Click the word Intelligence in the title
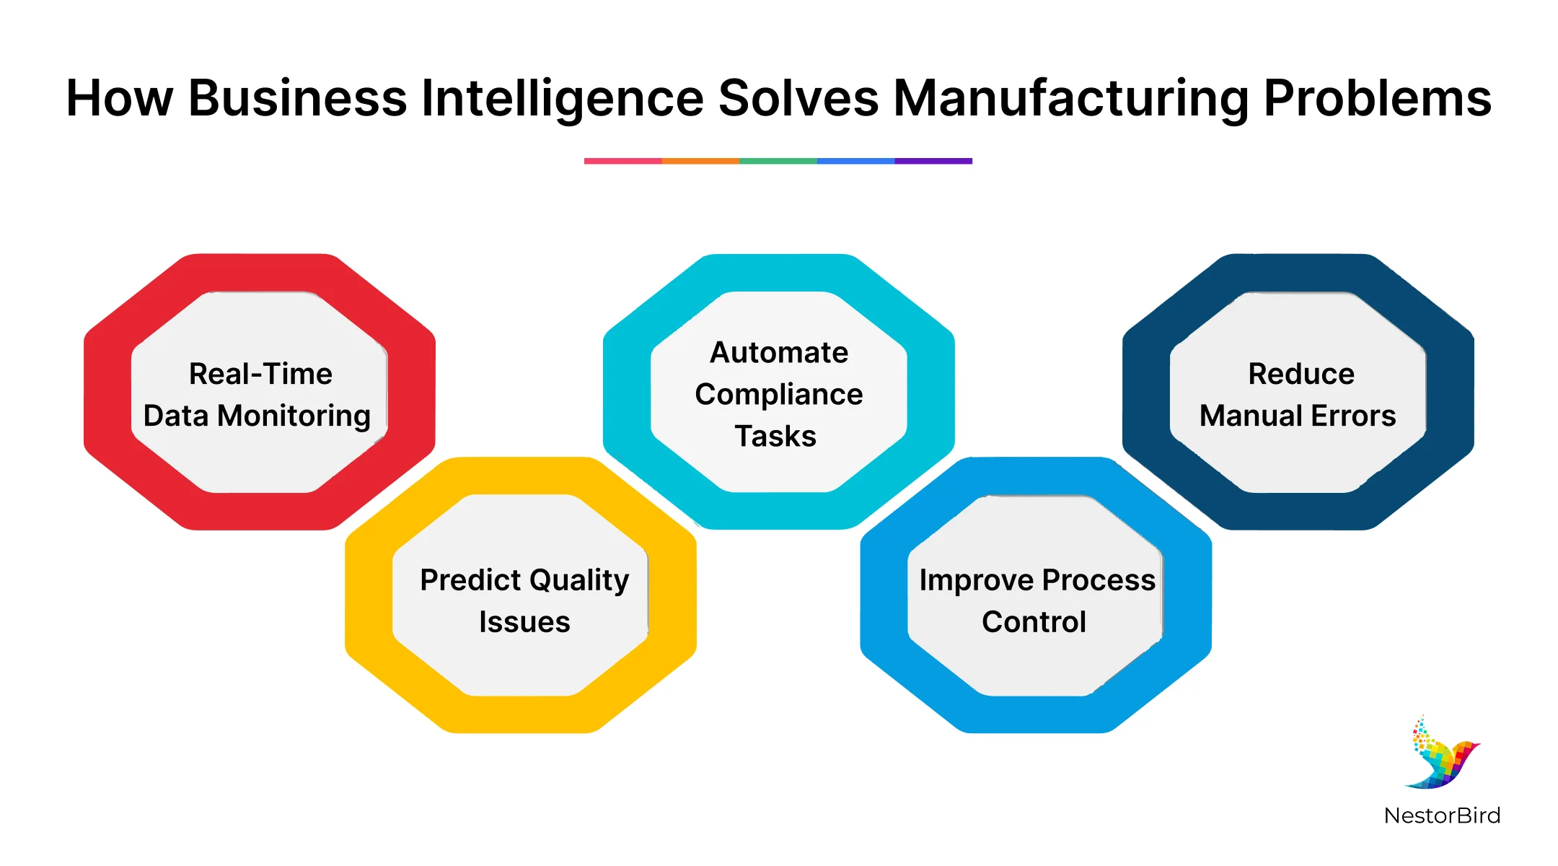pos(562,99)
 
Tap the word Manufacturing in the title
pos(1071,99)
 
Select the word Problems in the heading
pos(1378,99)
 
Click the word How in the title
pos(119,99)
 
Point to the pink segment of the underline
pos(622,161)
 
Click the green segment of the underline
pos(778,161)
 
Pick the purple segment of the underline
pos(933,161)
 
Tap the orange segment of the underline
pos(700,161)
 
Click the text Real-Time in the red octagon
pos(260,374)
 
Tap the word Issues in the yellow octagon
pos(524,622)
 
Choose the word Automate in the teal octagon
pos(779,353)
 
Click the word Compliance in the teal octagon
pos(779,395)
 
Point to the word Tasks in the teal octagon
pos(775,437)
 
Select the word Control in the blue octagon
pos(1034,622)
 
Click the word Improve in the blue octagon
pos(976,580)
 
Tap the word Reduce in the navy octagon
pos(1301,374)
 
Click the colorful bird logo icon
pos(1442,754)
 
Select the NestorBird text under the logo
pos(1442,815)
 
